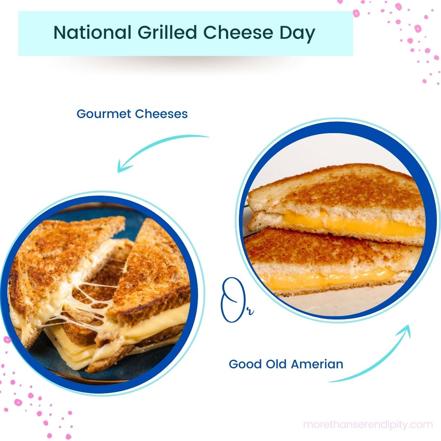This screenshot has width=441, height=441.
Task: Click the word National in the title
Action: click(93, 32)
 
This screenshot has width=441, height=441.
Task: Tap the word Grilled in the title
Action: click(167, 32)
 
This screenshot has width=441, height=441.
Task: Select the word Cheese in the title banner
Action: click(238, 32)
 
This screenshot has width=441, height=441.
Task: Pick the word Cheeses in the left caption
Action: click(161, 114)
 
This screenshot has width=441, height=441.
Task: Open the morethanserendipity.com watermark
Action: click(368, 424)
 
